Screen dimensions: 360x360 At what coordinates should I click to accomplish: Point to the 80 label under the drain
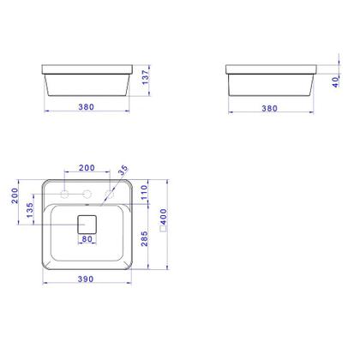87,240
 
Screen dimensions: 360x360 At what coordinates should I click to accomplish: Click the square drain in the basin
87,225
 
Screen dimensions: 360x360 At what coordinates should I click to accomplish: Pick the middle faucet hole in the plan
87,194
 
